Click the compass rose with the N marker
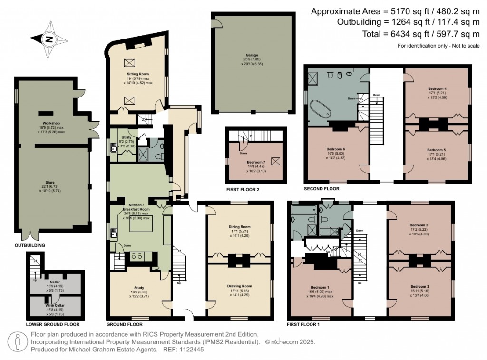[49, 39]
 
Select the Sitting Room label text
[138, 74]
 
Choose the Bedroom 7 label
[256, 162]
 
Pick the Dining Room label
[240, 227]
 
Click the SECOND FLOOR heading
[321, 189]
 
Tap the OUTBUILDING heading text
[30, 245]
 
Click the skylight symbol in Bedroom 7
[276, 161]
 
